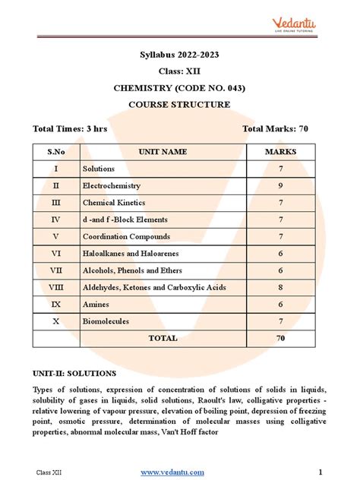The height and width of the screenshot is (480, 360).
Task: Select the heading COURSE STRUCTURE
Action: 179,104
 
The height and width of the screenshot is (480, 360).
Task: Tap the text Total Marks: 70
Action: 274,129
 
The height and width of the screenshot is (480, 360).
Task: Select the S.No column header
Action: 55,152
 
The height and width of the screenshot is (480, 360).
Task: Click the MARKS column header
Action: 280,152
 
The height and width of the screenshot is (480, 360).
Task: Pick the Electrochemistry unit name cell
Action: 112,185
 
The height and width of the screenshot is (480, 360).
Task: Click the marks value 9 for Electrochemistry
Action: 280,185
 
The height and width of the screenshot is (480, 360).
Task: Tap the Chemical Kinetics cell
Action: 114,203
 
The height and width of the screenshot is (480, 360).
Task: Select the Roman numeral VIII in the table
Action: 55,288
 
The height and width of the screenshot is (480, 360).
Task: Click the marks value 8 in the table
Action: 280,288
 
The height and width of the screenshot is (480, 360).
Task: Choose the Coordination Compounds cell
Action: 126,237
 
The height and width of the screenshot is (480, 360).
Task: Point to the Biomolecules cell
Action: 106,321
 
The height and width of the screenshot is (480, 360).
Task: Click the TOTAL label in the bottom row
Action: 163,338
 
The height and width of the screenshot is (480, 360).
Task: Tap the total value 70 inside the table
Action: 280,338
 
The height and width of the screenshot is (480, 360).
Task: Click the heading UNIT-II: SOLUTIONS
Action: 74,374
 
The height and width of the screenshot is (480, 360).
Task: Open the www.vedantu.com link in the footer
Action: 172,472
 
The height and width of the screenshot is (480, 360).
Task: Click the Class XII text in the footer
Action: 48,472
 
